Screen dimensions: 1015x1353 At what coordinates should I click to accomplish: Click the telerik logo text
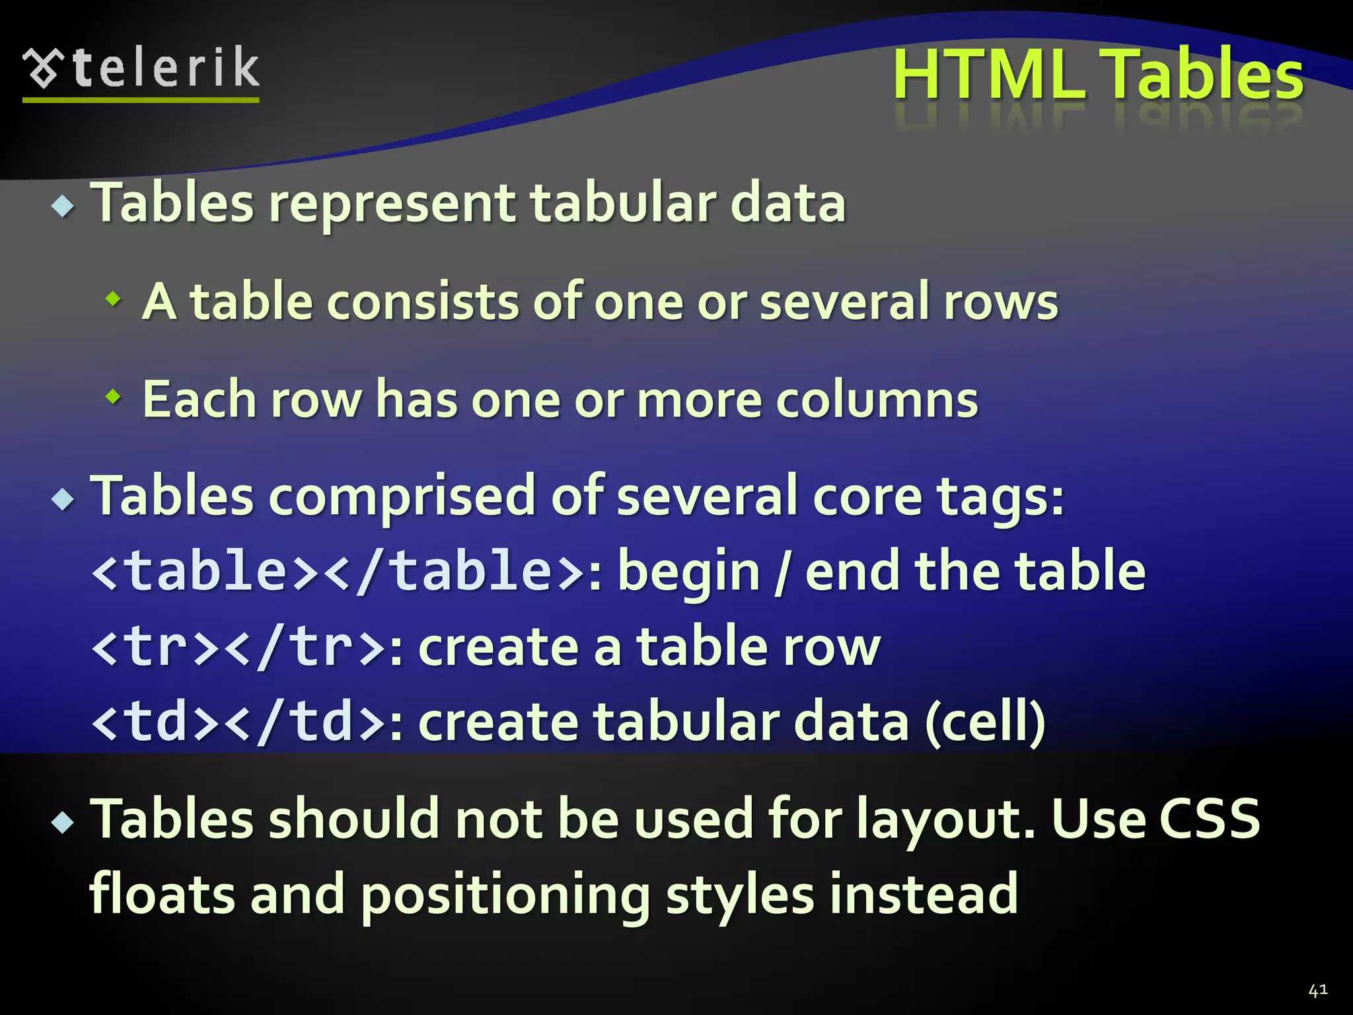click(165, 67)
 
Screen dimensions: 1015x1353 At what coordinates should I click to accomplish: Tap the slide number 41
click(1317, 990)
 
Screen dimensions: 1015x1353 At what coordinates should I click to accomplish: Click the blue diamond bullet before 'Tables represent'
click(63, 206)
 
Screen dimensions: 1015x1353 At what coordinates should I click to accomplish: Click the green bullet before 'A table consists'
click(114, 299)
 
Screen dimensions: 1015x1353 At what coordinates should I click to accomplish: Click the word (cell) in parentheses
click(985, 722)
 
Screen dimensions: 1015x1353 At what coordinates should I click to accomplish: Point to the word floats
click(161, 894)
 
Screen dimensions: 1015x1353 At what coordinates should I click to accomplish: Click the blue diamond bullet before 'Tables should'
click(63, 823)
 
